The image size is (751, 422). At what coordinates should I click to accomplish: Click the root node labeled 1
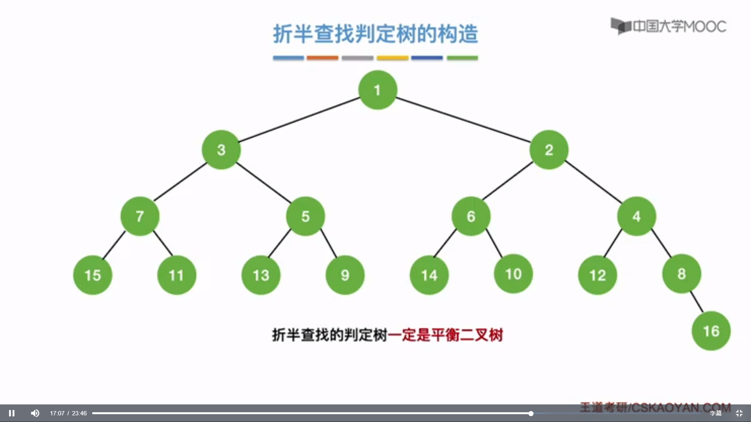coord(377,90)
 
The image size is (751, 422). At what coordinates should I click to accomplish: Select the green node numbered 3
coord(221,150)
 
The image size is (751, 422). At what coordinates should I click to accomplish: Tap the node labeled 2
coord(549,150)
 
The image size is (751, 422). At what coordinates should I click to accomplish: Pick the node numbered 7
coord(140,216)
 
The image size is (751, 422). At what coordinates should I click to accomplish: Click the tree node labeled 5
coord(305,216)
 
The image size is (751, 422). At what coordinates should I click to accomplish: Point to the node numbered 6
coord(471,216)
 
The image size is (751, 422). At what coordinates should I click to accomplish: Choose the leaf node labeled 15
coord(93,275)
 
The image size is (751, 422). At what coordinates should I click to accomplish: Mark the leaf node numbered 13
coord(261,275)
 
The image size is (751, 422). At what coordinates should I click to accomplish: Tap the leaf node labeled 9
coord(345,275)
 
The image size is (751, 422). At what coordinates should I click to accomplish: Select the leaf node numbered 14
coord(429,275)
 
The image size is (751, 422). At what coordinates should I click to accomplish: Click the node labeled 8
coord(681,274)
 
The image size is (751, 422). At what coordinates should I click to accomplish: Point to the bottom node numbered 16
coord(711,331)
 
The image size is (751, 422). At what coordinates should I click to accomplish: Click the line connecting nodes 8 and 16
coord(697,302)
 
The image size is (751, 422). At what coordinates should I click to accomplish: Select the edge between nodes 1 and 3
coord(299,120)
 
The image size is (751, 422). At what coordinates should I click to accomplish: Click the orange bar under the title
coord(322,58)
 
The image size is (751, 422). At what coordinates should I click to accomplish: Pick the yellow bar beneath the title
coord(392,58)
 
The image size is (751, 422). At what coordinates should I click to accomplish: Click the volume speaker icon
coord(35,413)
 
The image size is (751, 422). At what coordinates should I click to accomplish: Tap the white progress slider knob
coord(531,413)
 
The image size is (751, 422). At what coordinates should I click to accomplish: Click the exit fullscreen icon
coord(739,413)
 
